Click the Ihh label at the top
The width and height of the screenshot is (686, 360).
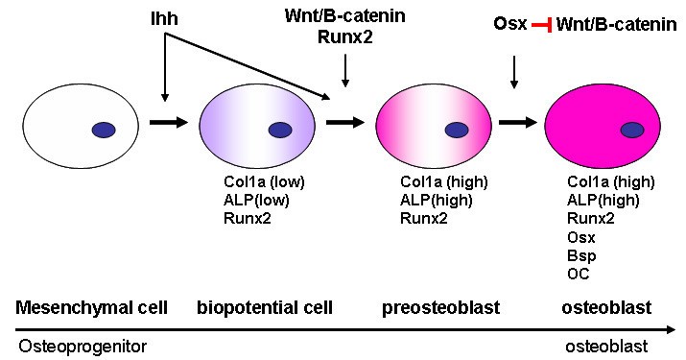pyautogui.click(x=164, y=18)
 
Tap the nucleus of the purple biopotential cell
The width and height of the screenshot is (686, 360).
pyautogui.click(x=280, y=130)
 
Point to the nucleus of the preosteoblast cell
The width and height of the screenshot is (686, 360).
pyautogui.click(x=457, y=130)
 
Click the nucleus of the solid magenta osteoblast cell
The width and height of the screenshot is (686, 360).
pyautogui.click(x=631, y=130)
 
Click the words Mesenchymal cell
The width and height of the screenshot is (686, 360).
pyautogui.click(x=91, y=308)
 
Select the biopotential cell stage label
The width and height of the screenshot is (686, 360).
pyautogui.click(x=264, y=308)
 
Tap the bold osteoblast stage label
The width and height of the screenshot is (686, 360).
pyautogui.click(x=607, y=308)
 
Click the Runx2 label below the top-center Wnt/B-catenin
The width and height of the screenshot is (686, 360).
pyautogui.click(x=344, y=36)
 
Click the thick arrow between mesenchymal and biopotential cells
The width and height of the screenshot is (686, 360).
pyautogui.click(x=167, y=123)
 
